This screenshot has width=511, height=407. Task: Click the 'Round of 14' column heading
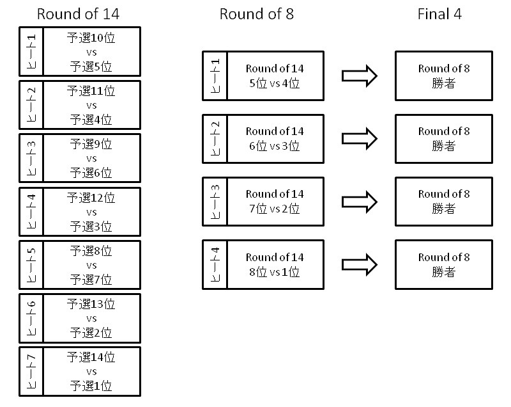click(x=78, y=14)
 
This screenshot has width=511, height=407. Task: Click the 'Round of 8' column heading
click(x=257, y=14)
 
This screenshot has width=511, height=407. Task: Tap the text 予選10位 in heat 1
click(x=91, y=38)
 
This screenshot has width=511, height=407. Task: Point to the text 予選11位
click(x=91, y=92)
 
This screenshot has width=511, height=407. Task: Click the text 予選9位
click(x=91, y=145)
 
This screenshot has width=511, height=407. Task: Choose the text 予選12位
click(x=91, y=198)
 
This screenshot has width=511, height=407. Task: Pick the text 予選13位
click(x=91, y=304)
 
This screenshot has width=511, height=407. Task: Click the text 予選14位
click(x=91, y=357)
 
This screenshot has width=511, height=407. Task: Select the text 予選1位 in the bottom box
click(x=91, y=386)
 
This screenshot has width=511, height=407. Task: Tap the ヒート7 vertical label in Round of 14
click(x=31, y=372)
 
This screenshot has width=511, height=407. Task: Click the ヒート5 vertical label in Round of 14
click(x=31, y=265)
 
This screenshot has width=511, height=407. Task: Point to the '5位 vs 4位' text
click(x=275, y=83)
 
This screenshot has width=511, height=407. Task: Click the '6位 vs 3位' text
click(x=275, y=145)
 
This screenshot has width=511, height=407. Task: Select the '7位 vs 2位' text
click(x=275, y=208)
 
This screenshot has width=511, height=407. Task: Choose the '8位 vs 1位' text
click(x=275, y=271)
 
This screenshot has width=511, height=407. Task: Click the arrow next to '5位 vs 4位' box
click(x=360, y=76)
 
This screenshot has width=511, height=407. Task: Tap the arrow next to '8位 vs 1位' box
click(x=360, y=264)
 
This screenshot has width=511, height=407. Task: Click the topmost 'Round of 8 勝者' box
click(x=444, y=76)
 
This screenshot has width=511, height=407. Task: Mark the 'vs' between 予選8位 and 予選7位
click(x=91, y=265)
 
